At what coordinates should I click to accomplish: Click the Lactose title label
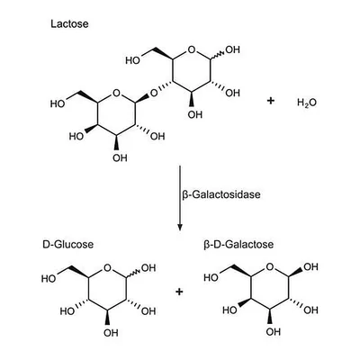click(x=69, y=23)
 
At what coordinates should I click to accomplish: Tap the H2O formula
click(x=307, y=103)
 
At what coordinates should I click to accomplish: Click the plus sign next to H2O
click(x=270, y=101)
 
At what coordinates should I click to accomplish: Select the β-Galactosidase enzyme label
click(x=221, y=194)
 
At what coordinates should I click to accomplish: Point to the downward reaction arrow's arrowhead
click(x=180, y=227)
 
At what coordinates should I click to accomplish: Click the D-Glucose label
click(x=67, y=244)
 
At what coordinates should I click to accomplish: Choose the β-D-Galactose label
click(x=238, y=244)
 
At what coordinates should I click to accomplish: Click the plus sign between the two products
click(x=179, y=292)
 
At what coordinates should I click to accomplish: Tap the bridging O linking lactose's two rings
click(x=154, y=94)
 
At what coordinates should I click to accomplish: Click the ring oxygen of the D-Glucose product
click(x=108, y=267)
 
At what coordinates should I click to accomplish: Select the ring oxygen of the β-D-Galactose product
click(x=270, y=266)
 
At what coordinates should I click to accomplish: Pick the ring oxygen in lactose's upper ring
click(x=192, y=49)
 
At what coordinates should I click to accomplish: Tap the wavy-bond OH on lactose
click(x=233, y=49)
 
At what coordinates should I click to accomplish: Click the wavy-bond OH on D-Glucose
click(x=148, y=268)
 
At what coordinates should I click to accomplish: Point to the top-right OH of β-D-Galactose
click(x=310, y=266)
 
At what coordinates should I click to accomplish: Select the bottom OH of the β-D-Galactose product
click(x=274, y=332)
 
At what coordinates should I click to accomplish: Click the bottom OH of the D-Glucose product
click(x=111, y=333)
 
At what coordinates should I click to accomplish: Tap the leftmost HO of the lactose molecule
click(x=58, y=103)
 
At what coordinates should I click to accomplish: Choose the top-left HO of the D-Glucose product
click(x=49, y=279)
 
